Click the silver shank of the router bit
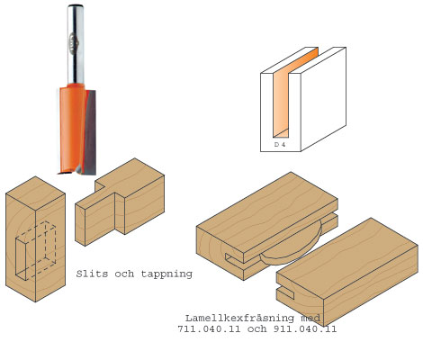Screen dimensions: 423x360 tap(76, 44)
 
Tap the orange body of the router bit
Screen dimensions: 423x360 tap(72, 129)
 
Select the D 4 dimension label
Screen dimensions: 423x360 tap(280, 144)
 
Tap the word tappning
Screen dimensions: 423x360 tap(166, 274)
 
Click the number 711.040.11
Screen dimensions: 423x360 tap(209, 329)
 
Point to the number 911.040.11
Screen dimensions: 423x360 tap(305, 329)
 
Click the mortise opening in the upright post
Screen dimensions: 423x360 tap(21, 259)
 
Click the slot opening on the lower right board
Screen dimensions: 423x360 tap(285, 292)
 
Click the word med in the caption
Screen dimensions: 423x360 tap(310, 318)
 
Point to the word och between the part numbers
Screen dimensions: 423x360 tap(257, 329)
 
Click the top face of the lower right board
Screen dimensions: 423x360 tap(347, 258)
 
